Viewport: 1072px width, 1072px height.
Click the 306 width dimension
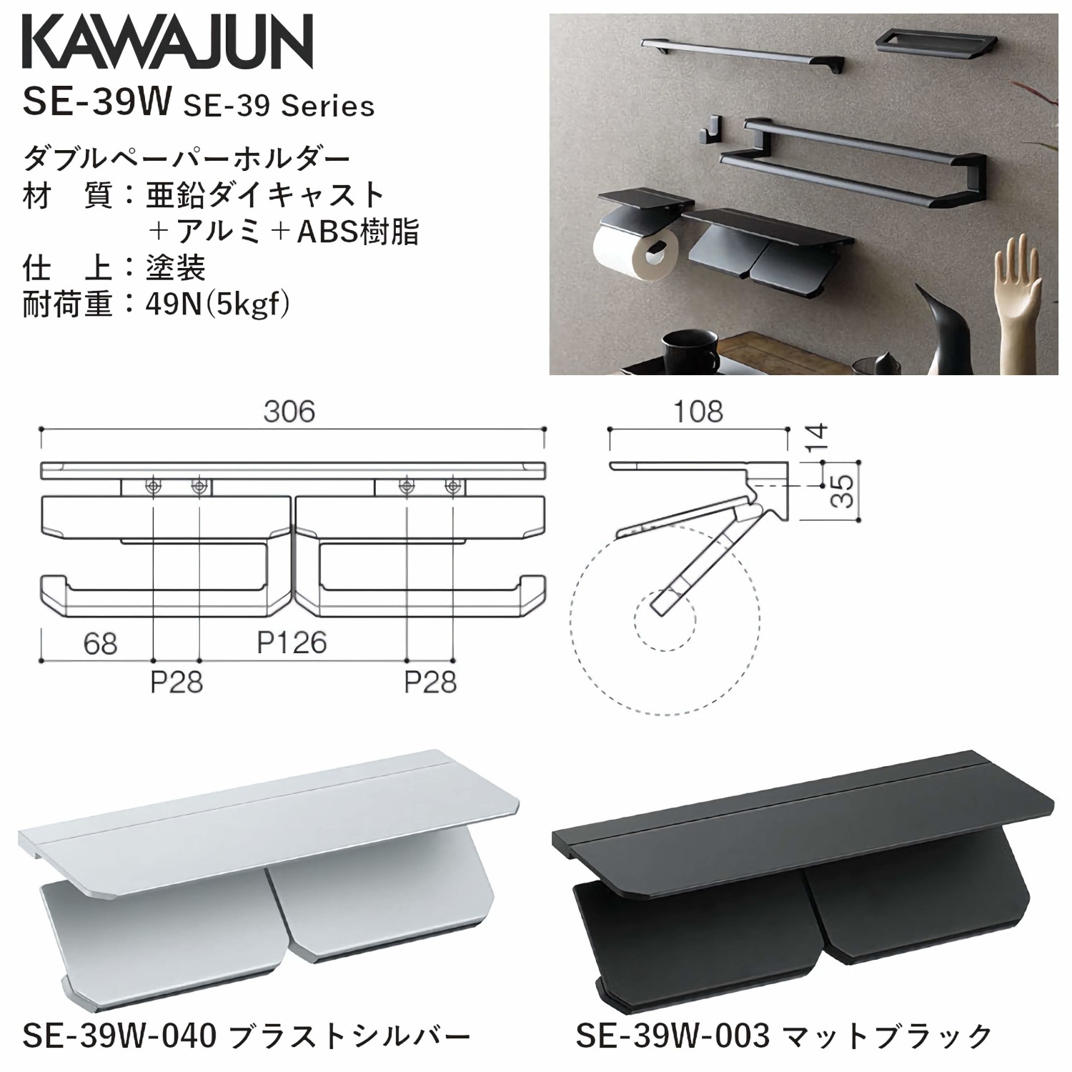click(x=289, y=412)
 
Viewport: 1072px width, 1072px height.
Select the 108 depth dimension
click(x=698, y=412)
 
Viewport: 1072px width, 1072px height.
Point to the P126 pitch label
click(x=292, y=643)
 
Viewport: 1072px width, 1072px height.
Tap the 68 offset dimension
click(x=100, y=644)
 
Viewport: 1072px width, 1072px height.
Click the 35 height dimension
click(x=845, y=491)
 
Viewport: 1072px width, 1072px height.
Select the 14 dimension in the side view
click(x=819, y=437)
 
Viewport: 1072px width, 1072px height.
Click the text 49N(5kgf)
click(x=217, y=306)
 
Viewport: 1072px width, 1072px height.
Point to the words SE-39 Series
click(x=279, y=106)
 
